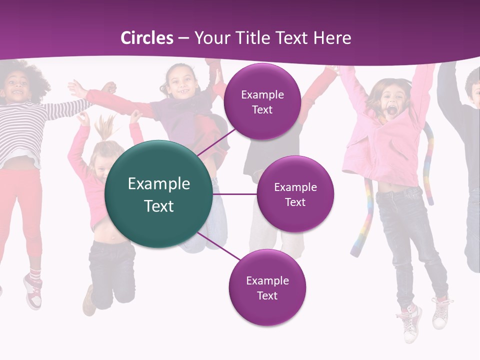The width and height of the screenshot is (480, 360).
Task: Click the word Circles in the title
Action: [147, 38]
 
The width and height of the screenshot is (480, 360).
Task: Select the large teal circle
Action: [158, 194]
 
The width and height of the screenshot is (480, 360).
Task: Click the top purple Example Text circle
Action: [262, 101]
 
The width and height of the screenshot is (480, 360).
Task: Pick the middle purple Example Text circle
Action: [295, 194]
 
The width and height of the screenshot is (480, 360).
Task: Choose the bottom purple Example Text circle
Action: [267, 287]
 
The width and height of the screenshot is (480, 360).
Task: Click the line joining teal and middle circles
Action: [234, 194]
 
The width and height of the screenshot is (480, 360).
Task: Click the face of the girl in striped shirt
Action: [17, 90]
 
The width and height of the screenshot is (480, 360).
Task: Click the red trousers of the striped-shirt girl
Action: [22, 210]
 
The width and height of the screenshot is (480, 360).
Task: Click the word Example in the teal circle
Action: [158, 183]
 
